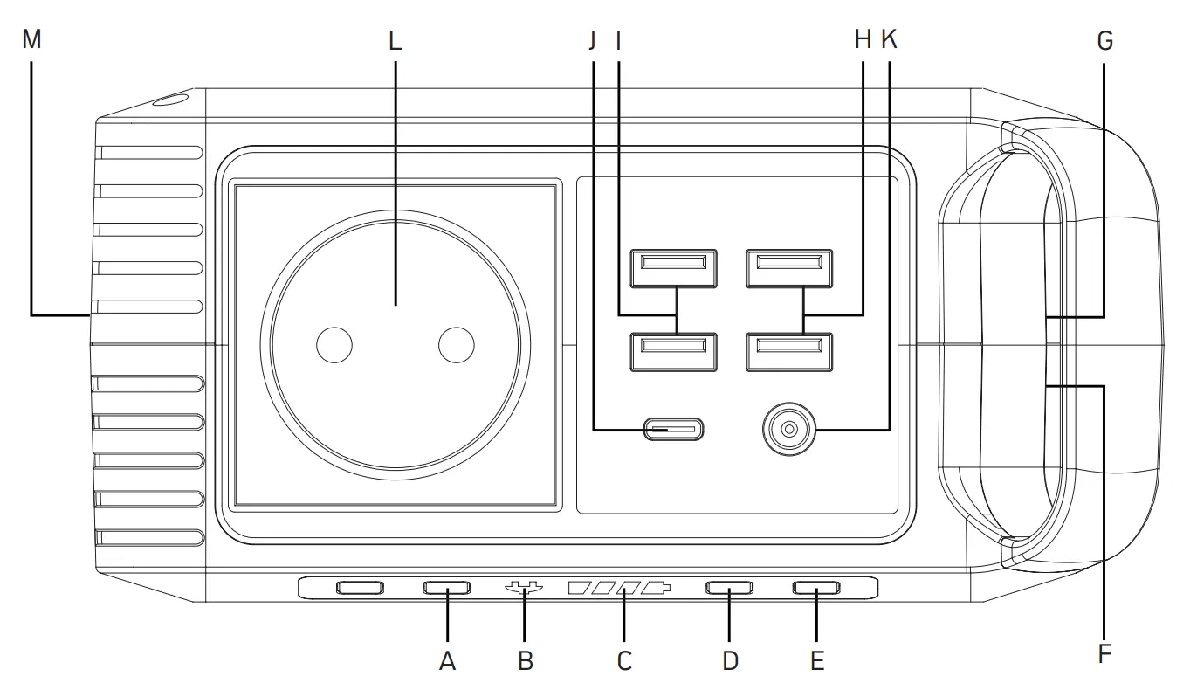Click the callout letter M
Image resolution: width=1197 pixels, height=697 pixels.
click(x=32, y=41)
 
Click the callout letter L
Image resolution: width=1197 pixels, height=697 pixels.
click(x=395, y=41)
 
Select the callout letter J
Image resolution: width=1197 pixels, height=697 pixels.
click(x=594, y=41)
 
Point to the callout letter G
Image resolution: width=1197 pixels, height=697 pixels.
click(x=1105, y=41)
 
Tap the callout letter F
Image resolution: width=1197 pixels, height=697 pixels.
click(x=1105, y=653)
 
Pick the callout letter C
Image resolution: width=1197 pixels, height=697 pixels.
click(x=624, y=661)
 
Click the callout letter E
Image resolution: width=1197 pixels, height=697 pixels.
click(x=817, y=661)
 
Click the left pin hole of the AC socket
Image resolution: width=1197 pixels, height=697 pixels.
click(x=334, y=345)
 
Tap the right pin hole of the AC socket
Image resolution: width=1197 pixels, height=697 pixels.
click(x=456, y=345)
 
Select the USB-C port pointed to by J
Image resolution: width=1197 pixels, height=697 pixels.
click(x=673, y=430)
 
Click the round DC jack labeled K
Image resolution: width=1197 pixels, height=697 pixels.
click(x=788, y=430)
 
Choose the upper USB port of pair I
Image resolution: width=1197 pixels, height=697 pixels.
click(x=673, y=263)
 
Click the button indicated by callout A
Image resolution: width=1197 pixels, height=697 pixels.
click(x=446, y=588)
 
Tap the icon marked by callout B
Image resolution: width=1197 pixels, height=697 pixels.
click(x=523, y=589)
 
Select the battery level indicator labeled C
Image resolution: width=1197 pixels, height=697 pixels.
click(x=620, y=589)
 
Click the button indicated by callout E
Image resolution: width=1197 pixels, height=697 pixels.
click(x=815, y=588)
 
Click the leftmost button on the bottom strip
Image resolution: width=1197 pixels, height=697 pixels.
click(x=360, y=588)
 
